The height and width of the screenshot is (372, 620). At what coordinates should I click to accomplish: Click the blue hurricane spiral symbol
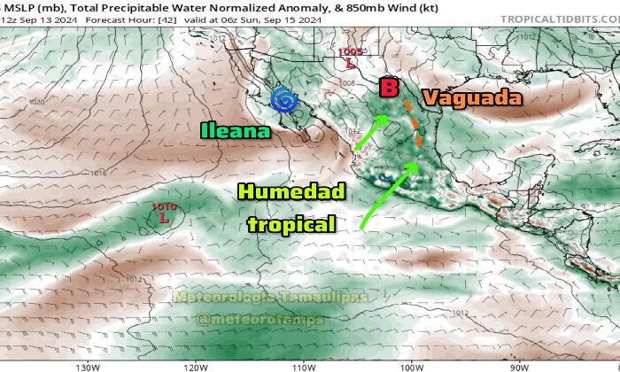pyautogui.click(x=284, y=102)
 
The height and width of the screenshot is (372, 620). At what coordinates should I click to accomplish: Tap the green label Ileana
pyautogui.click(x=235, y=132)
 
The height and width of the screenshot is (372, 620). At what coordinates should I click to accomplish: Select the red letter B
pyautogui.click(x=388, y=88)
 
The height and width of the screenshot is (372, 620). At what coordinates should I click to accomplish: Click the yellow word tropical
pyautogui.click(x=291, y=224)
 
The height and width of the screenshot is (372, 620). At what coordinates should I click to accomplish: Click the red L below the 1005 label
pyautogui.click(x=351, y=64)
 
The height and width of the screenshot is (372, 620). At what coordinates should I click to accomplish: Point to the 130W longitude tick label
pyautogui.click(x=86, y=366)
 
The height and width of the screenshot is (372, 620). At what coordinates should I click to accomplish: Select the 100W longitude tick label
pyautogui.click(x=411, y=366)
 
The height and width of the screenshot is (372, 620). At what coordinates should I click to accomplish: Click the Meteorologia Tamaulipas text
pyautogui.click(x=270, y=298)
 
